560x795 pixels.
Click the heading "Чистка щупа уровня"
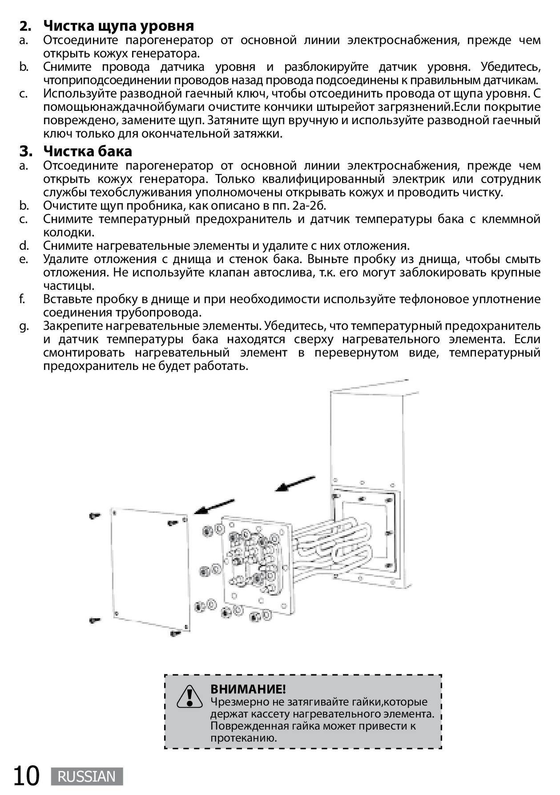[x=118, y=26]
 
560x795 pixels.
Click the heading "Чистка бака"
[x=88, y=151]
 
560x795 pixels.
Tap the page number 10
[x=26, y=776]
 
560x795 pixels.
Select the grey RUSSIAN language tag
[x=87, y=777]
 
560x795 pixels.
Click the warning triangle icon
[x=190, y=697]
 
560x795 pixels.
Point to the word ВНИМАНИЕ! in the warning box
[x=248, y=689]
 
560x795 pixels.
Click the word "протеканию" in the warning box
[x=244, y=738]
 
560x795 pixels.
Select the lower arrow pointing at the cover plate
[x=214, y=507]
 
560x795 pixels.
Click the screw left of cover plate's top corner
[x=95, y=515]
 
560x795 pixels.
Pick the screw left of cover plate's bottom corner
[x=95, y=620]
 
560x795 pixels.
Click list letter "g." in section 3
[x=24, y=326]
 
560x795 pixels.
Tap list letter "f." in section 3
[x=22, y=299]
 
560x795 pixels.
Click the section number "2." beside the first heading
[x=26, y=26]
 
